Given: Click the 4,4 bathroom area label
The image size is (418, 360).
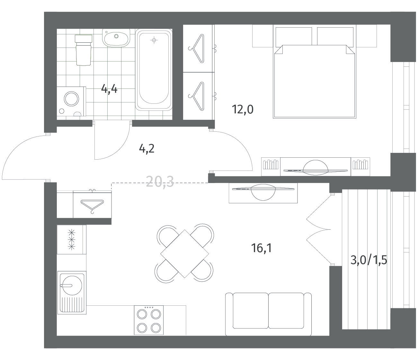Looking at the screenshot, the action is click(109, 89).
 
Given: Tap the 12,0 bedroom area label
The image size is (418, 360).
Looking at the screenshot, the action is click(243, 110).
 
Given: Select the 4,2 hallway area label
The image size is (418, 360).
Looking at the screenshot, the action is click(147, 149).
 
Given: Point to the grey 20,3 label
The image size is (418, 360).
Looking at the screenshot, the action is click(160, 181).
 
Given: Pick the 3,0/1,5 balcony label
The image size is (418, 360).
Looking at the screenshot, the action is click(369, 260).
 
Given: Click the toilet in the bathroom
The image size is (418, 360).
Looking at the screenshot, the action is click(84, 50).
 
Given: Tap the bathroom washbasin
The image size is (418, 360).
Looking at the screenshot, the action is click(116, 38).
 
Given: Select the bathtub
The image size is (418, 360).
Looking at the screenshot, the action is click(154, 70).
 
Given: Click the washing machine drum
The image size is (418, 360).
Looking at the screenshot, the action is click(71, 99).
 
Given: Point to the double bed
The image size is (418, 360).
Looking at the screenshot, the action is click(315, 71).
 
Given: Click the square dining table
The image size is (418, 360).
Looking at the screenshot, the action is click(184, 254).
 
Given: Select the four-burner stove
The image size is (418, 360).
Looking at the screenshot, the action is click(149, 320).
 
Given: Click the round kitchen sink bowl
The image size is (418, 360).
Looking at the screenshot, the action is click(72, 285).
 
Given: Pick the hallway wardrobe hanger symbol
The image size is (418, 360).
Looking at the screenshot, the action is click(92, 205).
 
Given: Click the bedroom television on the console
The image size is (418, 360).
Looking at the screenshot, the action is click(316, 168).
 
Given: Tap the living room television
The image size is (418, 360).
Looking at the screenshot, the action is click(263, 192).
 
